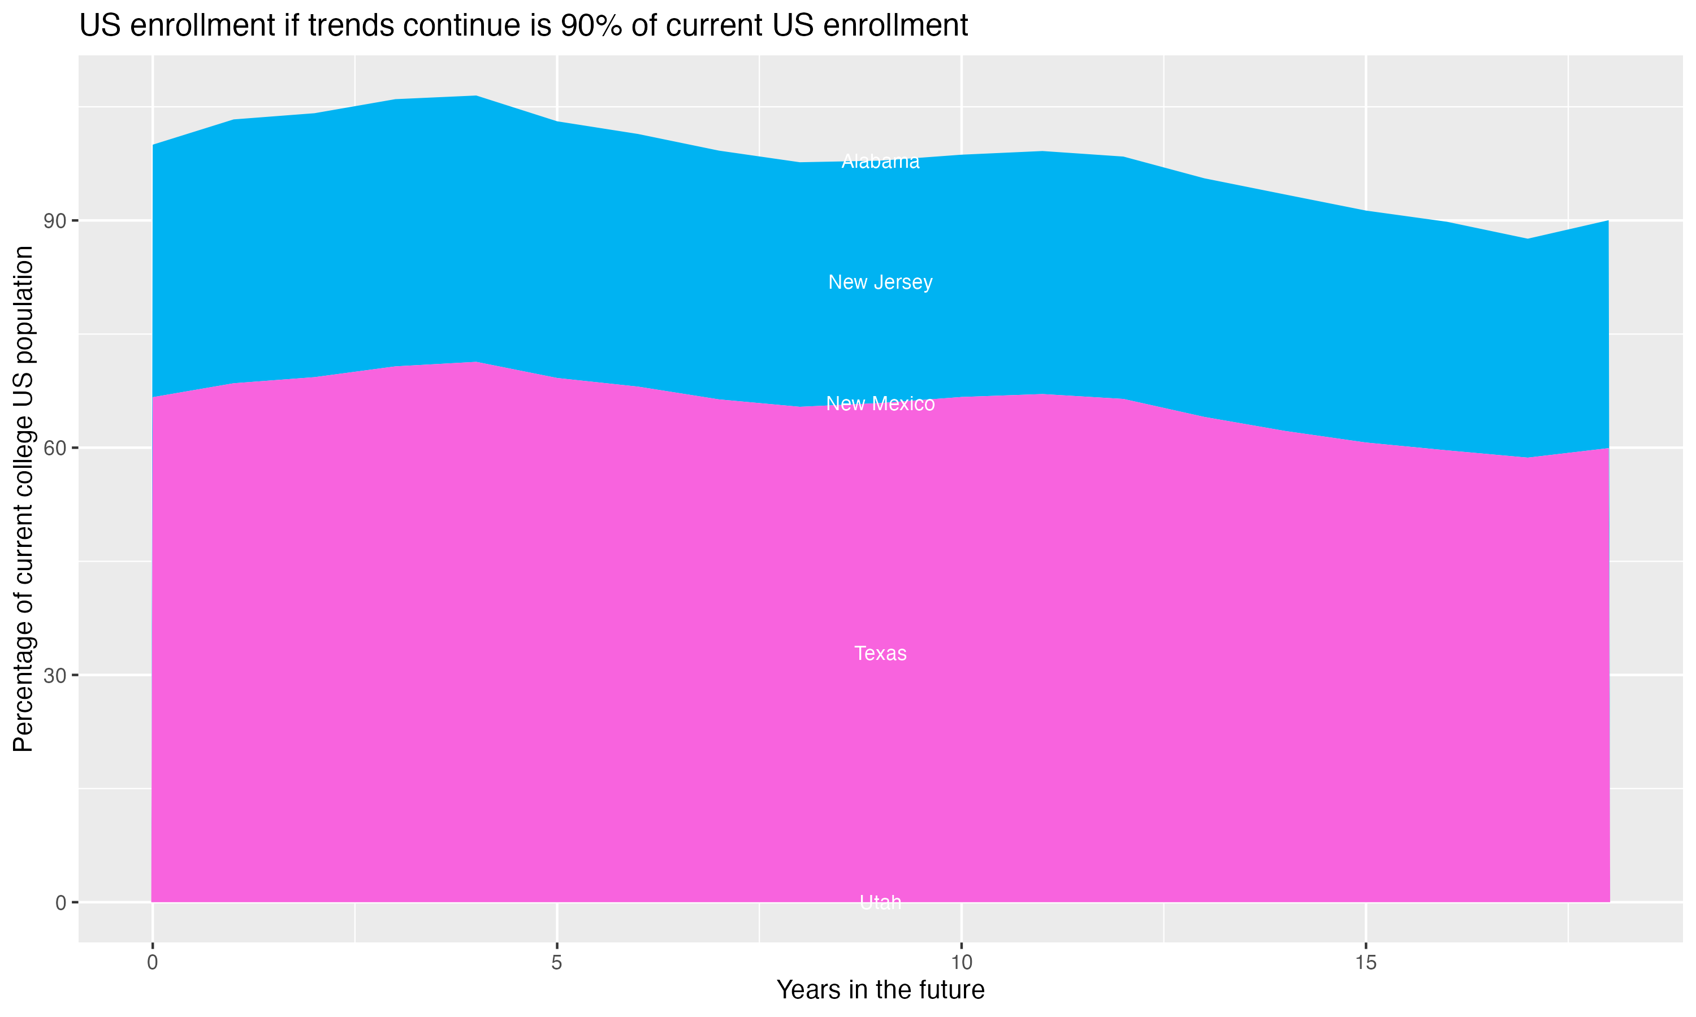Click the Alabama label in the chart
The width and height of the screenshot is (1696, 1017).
880,162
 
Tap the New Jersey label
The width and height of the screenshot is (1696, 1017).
880,282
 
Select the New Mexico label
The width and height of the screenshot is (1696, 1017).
880,403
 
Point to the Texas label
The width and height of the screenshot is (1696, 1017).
880,653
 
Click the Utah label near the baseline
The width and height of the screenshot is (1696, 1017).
880,902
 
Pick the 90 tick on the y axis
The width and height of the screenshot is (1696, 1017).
55,221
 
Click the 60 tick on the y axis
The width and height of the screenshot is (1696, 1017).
55,448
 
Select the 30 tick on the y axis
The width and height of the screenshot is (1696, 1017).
55,676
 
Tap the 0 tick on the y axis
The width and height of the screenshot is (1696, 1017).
61,902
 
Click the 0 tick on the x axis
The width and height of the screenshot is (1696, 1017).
152,963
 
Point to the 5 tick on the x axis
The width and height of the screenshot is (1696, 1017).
557,963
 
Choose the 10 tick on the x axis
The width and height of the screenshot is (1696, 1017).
962,963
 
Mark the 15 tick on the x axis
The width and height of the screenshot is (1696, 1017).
1366,963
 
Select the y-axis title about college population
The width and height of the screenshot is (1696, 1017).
23,499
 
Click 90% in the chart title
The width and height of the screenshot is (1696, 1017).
590,26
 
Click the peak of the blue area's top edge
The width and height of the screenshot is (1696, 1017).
477,96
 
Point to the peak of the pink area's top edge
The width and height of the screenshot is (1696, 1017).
477,361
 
